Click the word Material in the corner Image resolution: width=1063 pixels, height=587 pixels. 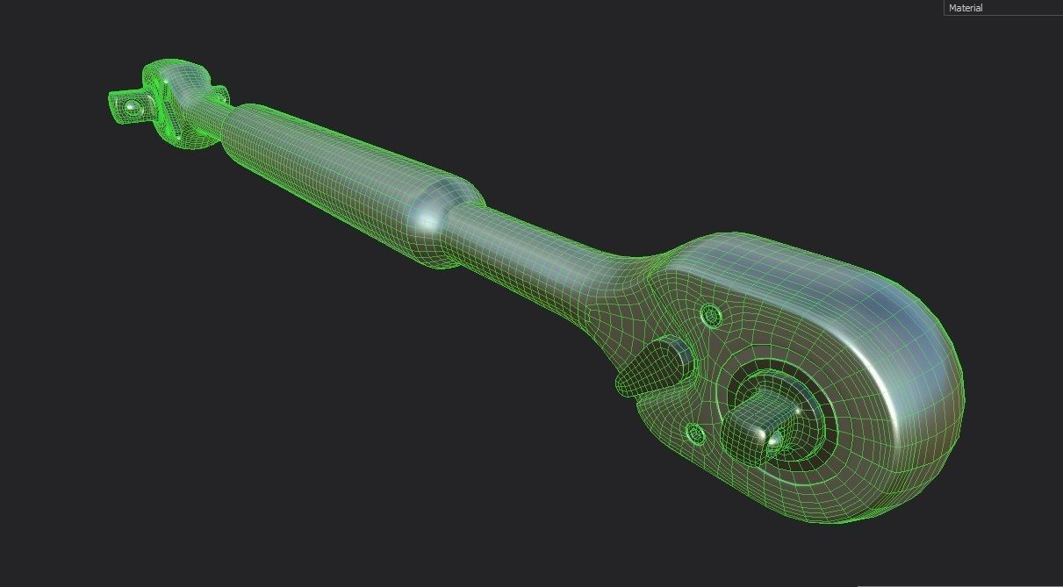coord(966,8)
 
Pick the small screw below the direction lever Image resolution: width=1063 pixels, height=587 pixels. coord(695,433)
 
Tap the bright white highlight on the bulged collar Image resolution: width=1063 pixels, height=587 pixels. coord(428,220)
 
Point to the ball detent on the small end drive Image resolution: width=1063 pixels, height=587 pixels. coord(132,107)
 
